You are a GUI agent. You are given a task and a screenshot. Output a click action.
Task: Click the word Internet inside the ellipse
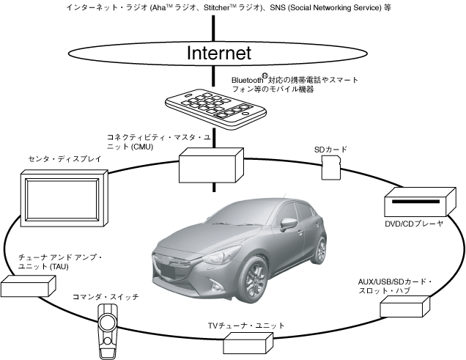click(219, 53)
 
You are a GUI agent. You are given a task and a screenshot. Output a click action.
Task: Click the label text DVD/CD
click(398, 224)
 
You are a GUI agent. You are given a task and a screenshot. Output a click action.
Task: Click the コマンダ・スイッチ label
click(106, 297)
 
